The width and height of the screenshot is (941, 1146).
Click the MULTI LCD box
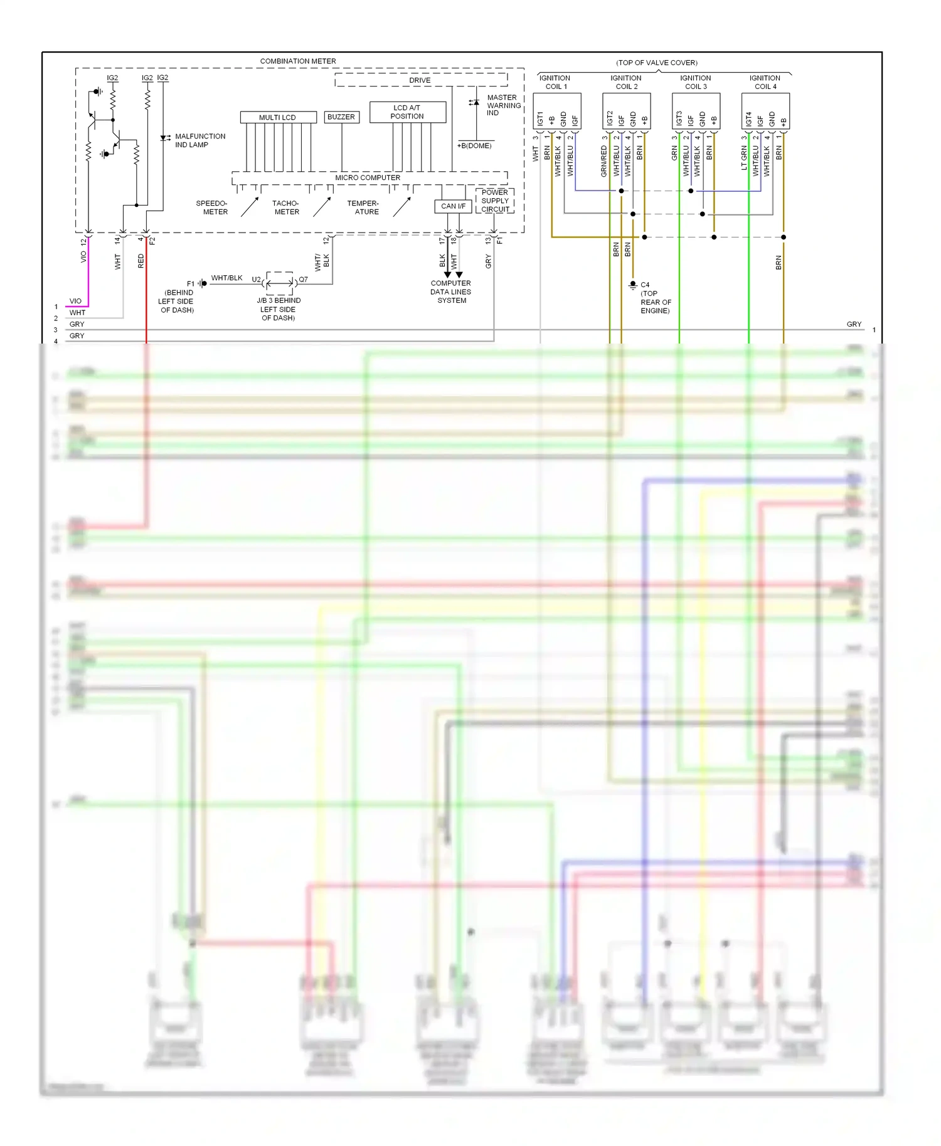(x=277, y=117)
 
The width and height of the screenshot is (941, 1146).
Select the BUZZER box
(x=341, y=117)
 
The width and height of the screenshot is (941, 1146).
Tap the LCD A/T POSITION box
(x=407, y=112)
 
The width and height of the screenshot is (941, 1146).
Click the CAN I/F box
(x=453, y=206)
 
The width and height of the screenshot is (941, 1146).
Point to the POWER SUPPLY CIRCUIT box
(x=495, y=201)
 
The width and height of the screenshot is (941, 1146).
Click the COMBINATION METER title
(x=298, y=61)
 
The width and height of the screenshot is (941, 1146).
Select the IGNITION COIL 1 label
(x=556, y=82)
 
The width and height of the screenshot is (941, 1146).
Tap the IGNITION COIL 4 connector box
(x=765, y=111)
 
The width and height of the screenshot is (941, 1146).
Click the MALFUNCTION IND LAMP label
(x=199, y=140)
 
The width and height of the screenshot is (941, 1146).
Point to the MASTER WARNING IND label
(x=503, y=105)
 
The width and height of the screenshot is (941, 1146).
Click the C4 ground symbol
(x=632, y=285)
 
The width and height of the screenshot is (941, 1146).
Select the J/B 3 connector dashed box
(x=279, y=283)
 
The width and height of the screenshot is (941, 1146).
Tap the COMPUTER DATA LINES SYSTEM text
(x=451, y=292)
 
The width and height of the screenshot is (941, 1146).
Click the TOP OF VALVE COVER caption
(x=657, y=63)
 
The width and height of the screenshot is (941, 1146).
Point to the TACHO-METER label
(x=286, y=208)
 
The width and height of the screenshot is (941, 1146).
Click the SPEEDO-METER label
(x=212, y=208)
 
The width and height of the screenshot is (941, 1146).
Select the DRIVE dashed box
(x=420, y=80)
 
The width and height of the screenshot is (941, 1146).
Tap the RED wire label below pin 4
(x=141, y=261)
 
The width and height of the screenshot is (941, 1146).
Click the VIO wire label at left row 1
(x=75, y=302)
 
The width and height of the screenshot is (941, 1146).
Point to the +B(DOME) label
(x=474, y=146)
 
